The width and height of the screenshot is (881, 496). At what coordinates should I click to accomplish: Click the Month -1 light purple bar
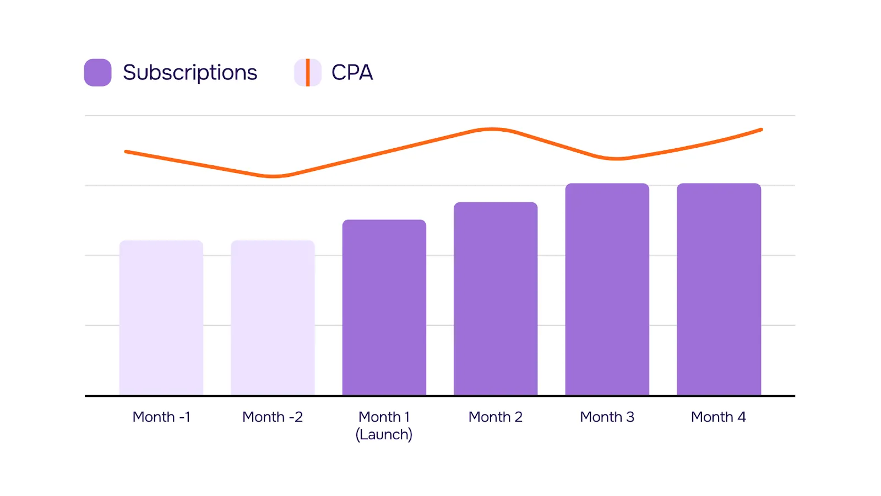point(161,318)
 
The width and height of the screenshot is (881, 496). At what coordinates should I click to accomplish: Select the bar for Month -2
point(273,318)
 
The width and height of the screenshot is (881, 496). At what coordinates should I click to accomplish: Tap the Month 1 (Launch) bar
point(384,308)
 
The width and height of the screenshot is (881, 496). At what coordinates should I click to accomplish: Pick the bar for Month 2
point(496,299)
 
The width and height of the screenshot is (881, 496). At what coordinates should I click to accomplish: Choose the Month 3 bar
point(607,289)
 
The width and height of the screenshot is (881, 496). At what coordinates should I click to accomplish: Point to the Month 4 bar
point(719,289)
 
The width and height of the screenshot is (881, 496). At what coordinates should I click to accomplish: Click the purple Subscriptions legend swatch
point(98,72)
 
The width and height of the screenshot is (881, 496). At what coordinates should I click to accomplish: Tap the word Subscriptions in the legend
point(190,72)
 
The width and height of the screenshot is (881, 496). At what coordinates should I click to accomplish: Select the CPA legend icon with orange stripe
point(307,72)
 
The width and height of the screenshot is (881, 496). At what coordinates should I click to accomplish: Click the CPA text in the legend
point(352,72)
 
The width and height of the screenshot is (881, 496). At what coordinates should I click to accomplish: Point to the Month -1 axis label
point(161,417)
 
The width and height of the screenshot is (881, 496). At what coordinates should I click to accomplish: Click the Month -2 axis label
point(273,417)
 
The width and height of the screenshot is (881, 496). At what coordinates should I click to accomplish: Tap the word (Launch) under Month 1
point(384,434)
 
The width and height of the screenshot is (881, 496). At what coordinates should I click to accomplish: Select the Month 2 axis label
point(496,417)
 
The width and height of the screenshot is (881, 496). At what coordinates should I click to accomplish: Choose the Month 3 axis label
point(607,417)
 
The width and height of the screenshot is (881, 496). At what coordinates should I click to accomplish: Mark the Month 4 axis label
point(719,417)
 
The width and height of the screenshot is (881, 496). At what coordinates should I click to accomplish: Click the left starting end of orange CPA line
point(127,152)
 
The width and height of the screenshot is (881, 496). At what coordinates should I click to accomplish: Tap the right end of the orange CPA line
point(761,130)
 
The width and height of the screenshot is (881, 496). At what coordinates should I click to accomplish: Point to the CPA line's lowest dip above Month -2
point(273,176)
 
